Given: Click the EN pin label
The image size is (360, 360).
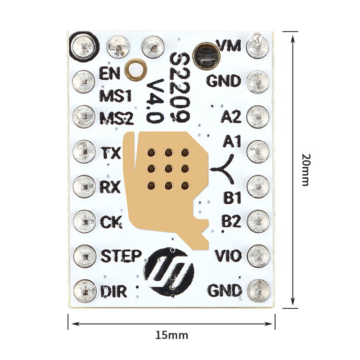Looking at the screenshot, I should [109, 73].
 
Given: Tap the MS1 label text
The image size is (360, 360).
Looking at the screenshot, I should [115, 96].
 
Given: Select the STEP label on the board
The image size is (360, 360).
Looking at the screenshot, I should [121, 256].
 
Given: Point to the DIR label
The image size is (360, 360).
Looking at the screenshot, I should [113, 291].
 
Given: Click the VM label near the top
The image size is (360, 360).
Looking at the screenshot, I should [229, 45].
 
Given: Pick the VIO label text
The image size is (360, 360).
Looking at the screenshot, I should [228, 256].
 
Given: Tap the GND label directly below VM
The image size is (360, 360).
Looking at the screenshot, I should [224, 81].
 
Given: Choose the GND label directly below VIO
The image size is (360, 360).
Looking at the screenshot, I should [225, 291].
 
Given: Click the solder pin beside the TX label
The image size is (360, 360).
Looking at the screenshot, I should [84, 152].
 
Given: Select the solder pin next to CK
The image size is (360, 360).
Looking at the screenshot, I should [84, 221].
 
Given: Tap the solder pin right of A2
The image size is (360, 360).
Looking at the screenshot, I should [258, 117].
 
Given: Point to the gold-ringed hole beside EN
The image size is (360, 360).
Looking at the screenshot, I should [135, 70].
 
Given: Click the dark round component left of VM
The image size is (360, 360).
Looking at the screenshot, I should [206, 55].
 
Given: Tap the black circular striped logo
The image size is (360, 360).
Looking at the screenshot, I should [169, 272].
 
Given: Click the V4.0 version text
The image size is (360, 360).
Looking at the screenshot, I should [155, 101].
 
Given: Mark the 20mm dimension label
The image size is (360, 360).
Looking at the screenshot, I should [306, 170].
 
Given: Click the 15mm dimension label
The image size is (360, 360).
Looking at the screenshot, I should [172, 335].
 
